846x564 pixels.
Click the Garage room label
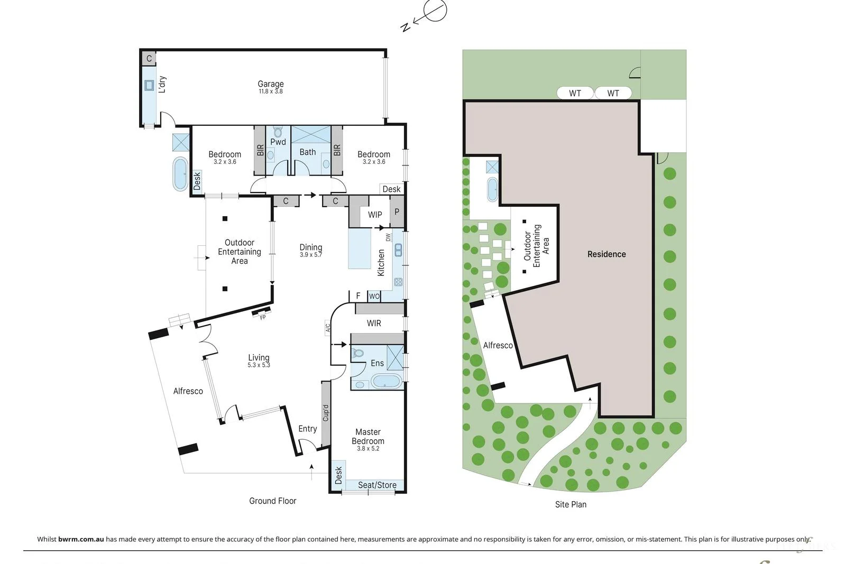tap(270, 84)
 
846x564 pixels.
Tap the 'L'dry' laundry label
tap(162, 84)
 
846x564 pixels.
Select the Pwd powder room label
tap(278, 142)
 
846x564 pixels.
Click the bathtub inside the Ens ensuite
tap(387, 381)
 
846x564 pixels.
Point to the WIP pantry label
tap(375, 215)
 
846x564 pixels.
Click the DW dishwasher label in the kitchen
tap(388, 237)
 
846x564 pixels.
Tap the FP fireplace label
tap(263, 317)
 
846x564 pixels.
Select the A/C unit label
tap(327, 328)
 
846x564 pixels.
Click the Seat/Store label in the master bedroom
tap(377, 485)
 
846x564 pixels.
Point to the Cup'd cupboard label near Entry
tap(326, 413)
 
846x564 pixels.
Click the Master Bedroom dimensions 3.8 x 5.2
tap(367, 448)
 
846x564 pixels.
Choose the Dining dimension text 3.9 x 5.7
tap(310, 255)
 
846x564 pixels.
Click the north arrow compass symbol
tap(435, 11)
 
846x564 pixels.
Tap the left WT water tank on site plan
tap(575, 93)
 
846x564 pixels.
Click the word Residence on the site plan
tap(606, 254)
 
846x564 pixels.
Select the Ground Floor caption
tap(272, 501)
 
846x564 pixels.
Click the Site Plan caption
tap(570, 504)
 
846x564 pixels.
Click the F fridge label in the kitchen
tap(358, 296)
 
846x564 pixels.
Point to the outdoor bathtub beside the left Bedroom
tap(180, 173)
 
